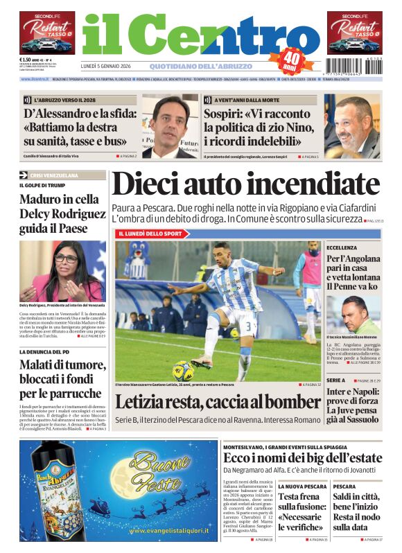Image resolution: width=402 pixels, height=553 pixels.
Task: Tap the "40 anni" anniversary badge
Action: tap(292, 62)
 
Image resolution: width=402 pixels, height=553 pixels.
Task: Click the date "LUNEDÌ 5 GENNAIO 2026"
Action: tap(105, 67)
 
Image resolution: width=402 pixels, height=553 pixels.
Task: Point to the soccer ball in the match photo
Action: tap(182, 371)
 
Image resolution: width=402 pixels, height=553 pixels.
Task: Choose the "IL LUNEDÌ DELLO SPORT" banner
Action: tap(150, 234)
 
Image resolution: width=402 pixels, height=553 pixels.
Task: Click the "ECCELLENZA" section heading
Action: tap(342, 247)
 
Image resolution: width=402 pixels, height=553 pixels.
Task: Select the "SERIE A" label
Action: tap(336, 380)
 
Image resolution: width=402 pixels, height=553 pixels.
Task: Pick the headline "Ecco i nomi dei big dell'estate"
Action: tap(302, 458)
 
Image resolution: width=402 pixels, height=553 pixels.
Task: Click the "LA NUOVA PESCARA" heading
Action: tap(302, 486)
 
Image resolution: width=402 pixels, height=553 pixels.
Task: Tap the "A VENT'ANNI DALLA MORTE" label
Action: tap(240, 100)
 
